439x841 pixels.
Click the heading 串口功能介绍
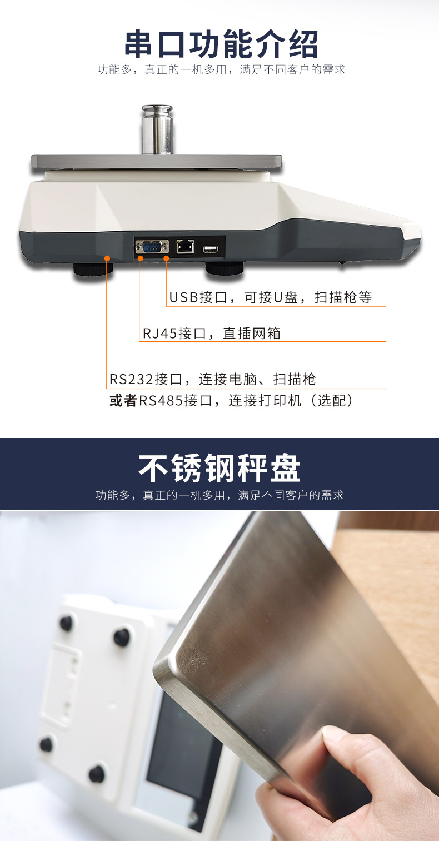point(221,44)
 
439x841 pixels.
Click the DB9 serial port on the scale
point(152,247)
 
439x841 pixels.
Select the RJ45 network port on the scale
point(184,246)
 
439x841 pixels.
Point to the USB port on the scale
point(211,248)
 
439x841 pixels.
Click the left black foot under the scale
point(93,270)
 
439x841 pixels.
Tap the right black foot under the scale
point(225,268)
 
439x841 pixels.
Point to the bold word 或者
point(123,401)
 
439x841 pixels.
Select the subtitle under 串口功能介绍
point(221,70)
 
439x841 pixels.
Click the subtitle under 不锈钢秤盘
point(219,495)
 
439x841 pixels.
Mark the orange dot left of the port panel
point(107,258)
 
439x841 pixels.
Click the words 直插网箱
point(252,334)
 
